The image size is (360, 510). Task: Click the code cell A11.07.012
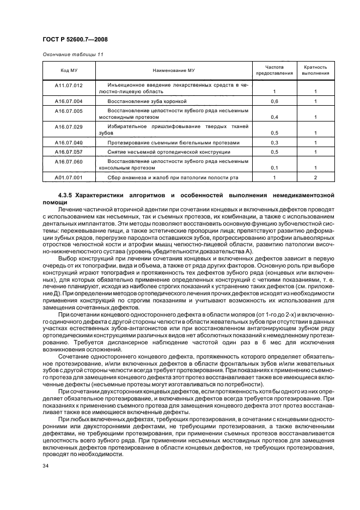(69, 86)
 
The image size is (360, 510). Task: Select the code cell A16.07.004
(69, 101)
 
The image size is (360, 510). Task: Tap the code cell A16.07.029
(69, 126)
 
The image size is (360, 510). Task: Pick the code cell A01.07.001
(69, 178)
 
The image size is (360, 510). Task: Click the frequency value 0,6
(274, 101)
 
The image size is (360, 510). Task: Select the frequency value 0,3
(274, 143)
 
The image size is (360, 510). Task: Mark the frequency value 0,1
(274, 168)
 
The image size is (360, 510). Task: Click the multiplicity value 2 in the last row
(315, 178)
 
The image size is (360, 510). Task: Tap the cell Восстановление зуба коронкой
(147, 101)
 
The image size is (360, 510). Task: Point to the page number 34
(46, 465)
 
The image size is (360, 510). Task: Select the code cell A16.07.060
(69, 162)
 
